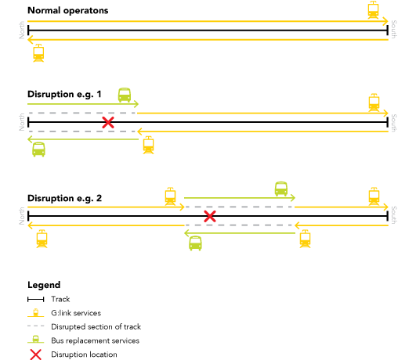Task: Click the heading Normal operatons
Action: [68, 11]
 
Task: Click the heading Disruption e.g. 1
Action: [64, 95]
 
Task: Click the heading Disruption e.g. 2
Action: [65, 198]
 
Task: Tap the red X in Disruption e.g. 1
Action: [108, 122]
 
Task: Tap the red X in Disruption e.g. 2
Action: [210, 216]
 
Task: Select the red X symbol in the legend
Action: [35, 355]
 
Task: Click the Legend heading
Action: [44, 285]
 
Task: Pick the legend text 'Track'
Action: [60, 299]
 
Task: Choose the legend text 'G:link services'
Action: [76, 313]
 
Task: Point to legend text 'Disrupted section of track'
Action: [96, 327]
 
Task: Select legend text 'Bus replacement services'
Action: [96, 340]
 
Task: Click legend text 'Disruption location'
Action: [84, 355]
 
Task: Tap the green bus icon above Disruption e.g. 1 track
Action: [125, 95]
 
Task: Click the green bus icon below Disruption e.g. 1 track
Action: [38, 149]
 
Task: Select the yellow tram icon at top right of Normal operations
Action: [373, 9]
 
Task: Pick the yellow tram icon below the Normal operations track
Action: [38, 53]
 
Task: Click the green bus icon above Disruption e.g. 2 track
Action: [281, 189]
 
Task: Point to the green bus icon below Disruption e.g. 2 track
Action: [195, 243]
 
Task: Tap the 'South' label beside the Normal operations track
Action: [394, 30]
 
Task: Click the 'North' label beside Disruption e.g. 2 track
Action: [22, 216]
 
